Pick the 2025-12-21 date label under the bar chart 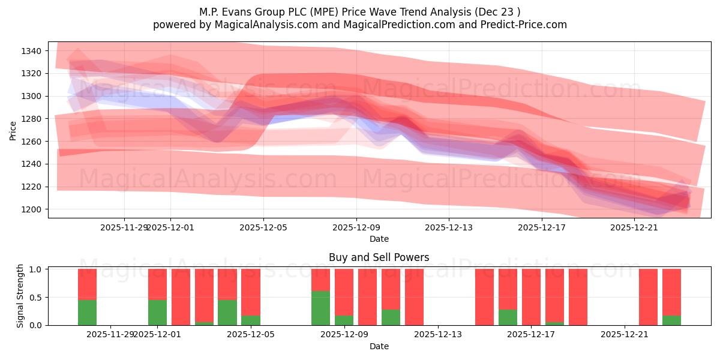625,334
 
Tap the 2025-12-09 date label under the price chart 356,227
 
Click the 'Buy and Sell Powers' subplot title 379,257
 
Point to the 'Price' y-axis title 13,130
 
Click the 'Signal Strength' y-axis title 20,296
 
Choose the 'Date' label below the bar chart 379,346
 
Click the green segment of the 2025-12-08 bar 320,308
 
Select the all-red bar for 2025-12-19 578,297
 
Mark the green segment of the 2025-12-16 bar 508,317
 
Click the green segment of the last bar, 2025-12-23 671,320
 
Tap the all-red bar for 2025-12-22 648,297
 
